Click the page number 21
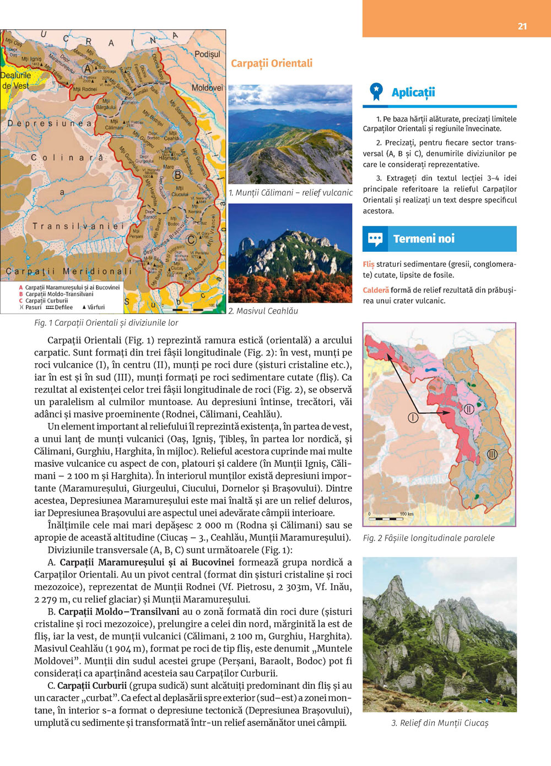[x=522, y=26]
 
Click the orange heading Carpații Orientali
[x=272, y=63]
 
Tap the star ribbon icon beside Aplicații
[x=376, y=91]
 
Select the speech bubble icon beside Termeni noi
[x=375, y=239]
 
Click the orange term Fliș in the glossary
[x=369, y=264]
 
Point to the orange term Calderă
[x=376, y=290]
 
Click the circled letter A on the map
[x=87, y=69]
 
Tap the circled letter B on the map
[x=177, y=175]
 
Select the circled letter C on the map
[x=191, y=240]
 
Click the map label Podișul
[x=207, y=54]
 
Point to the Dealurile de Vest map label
[x=15, y=80]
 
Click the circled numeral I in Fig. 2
[x=413, y=418]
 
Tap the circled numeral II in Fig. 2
[x=468, y=409]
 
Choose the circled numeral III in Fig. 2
[x=492, y=454]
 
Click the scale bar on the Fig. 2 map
[x=386, y=518]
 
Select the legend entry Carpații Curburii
[x=46, y=301]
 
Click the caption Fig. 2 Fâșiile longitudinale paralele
[x=429, y=538]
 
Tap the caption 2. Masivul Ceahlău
[x=263, y=311]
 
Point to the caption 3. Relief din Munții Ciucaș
[x=440, y=723]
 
